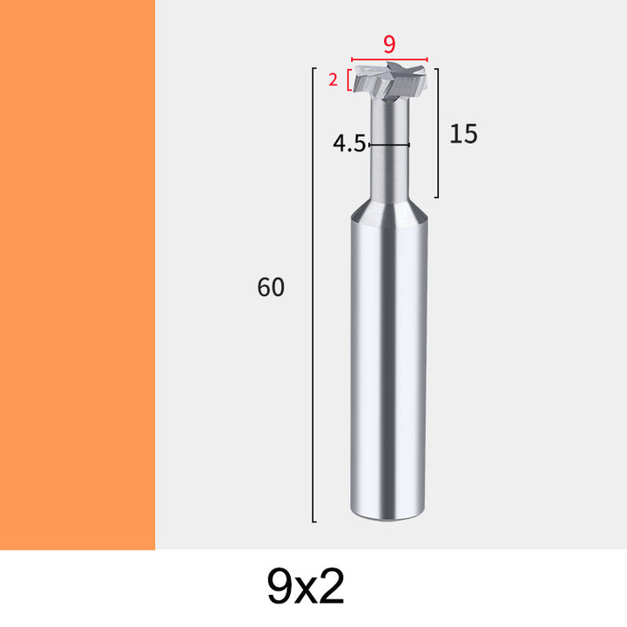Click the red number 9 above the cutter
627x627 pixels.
[389, 44]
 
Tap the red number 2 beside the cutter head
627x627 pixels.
[333, 80]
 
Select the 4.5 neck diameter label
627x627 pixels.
[349, 143]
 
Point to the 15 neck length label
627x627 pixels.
[463, 133]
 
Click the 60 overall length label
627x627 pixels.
[271, 287]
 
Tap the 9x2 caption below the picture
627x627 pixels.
[306, 587]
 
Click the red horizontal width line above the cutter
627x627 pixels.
[389, 59]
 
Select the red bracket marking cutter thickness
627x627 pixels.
[349, 80]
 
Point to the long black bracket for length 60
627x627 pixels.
[313, 294]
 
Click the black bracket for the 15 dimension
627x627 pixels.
[438, 133]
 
